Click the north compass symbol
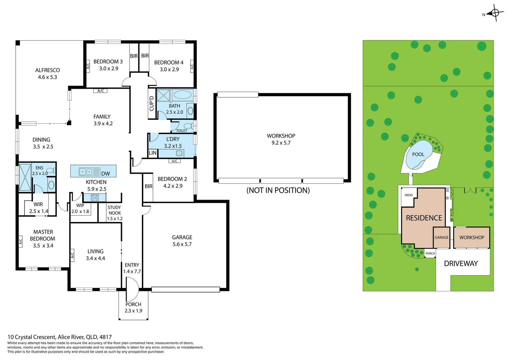point(495,13)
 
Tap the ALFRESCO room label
point(48,70)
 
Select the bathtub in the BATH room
point(183,95)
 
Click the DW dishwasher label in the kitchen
point(106,174)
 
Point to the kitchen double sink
point(86,172)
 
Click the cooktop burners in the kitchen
point(95,198)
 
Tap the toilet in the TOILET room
point(188,126)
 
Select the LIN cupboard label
point(153,153)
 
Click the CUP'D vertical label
point(152,103)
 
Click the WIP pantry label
point(80,205)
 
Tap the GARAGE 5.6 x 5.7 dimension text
point(182,244)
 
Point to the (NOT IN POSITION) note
point(278,190)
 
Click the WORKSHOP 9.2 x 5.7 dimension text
point(281,143)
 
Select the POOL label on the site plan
point(418,154)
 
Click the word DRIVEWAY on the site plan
point(461,264)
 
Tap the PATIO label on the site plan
point(408,195)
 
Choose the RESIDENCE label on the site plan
point(424,218)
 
